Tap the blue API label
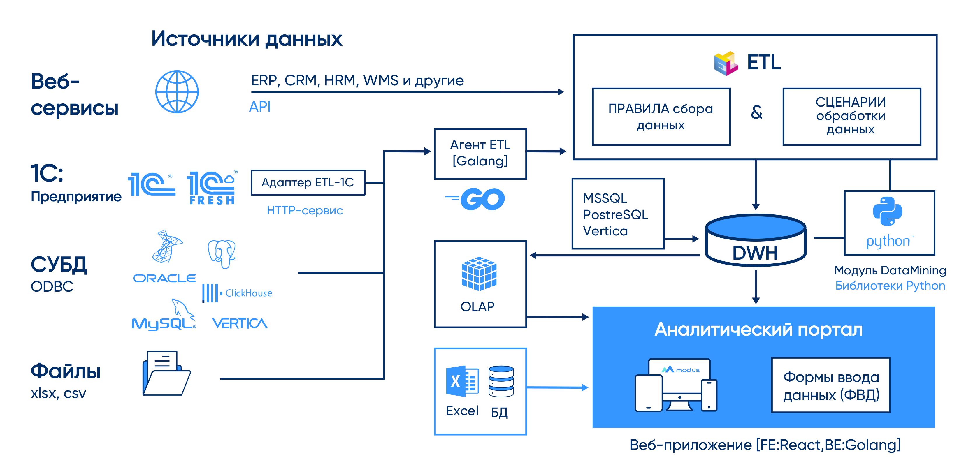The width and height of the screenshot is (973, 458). tap(260, 107)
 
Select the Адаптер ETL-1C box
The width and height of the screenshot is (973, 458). tap(308, 183)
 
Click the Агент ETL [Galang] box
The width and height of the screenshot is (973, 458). tap(480, 154)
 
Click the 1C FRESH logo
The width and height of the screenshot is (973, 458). tap(212, 188)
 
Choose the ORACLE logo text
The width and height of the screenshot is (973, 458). tap(164, 279)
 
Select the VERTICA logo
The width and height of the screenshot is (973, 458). tap(240, 323)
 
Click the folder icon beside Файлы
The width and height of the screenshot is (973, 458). tap(166, 374)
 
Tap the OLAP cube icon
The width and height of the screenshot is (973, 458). tap(479, 274)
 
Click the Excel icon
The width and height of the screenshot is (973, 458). tap(462, 381)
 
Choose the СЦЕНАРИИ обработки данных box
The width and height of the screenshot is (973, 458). tap(851, 116)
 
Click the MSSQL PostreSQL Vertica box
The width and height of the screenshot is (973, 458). tap(618, 214)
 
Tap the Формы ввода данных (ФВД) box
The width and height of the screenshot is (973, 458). tap(830, 385)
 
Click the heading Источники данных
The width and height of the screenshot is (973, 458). tap(247, 39)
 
